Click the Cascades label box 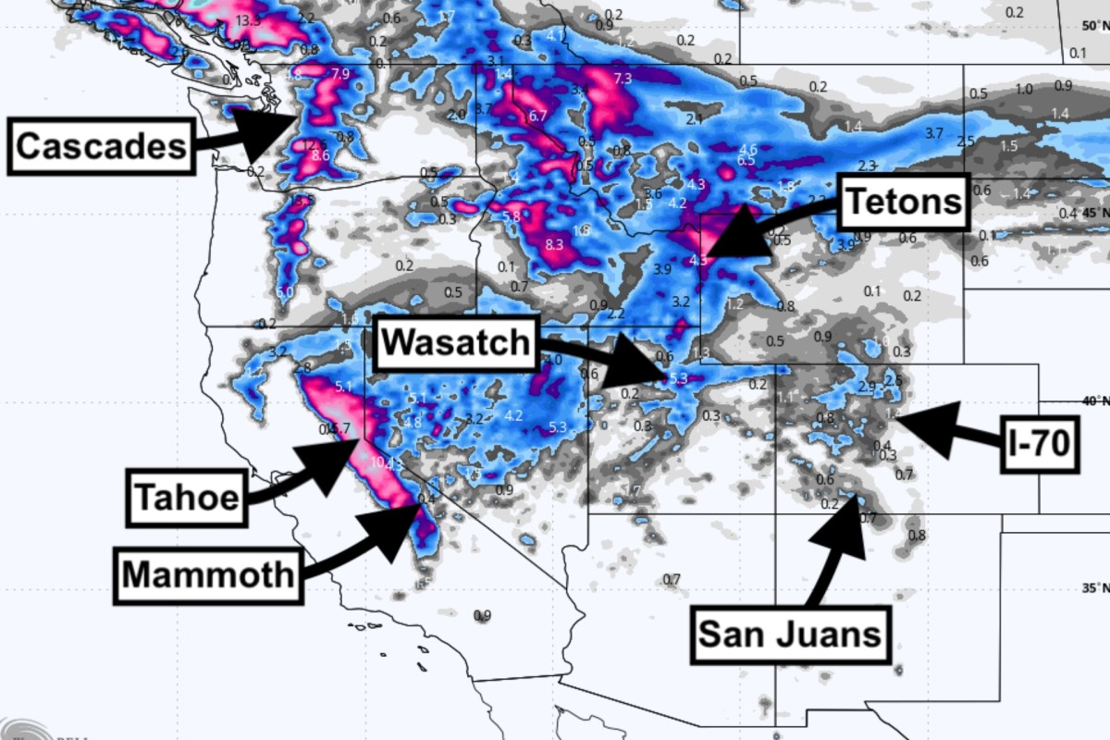[101, 145]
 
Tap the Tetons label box [904, 201]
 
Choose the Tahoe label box [187, 498]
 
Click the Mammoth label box [208, 574]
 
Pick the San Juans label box [789, 635]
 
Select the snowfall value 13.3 [247, 20]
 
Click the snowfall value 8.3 [554, 244]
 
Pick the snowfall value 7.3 [622, 79]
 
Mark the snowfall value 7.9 [339, 74]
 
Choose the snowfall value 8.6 [320, 155]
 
